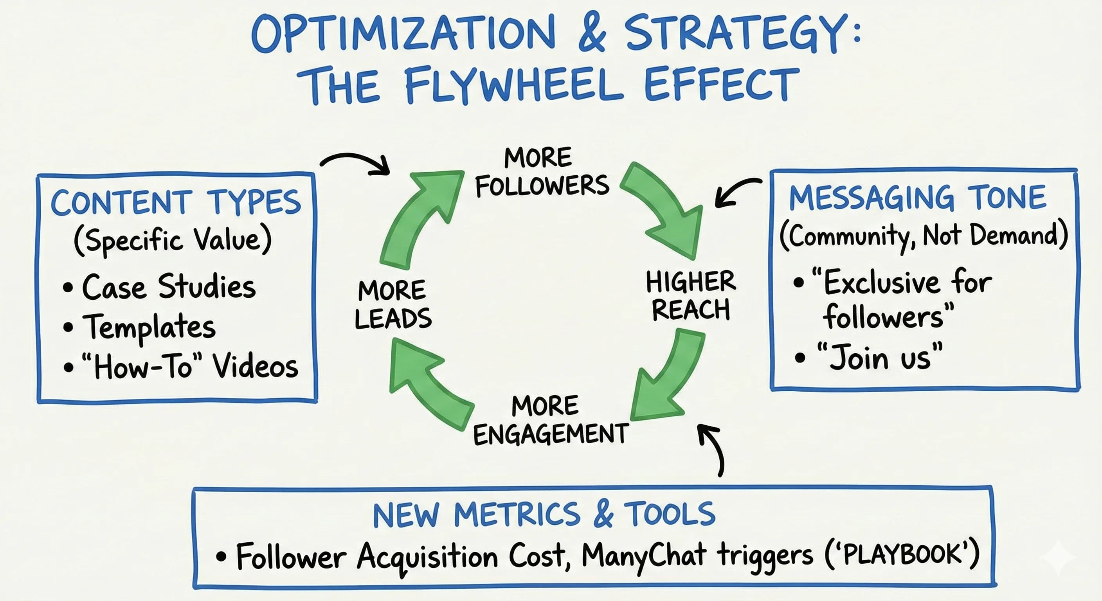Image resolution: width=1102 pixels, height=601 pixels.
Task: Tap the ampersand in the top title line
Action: [592, 32]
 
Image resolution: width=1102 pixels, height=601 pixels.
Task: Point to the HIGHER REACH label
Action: [690, 295]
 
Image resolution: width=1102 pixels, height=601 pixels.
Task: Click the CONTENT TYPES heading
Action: [176, 202]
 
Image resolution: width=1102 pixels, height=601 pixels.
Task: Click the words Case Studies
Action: [169, 286]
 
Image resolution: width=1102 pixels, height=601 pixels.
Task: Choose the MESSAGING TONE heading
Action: [918, 198]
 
